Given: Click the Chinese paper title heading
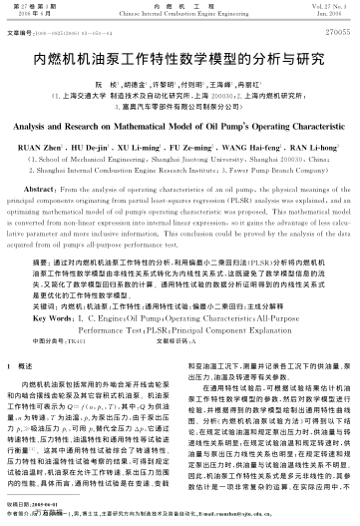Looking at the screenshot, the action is (x=180, y=60).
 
